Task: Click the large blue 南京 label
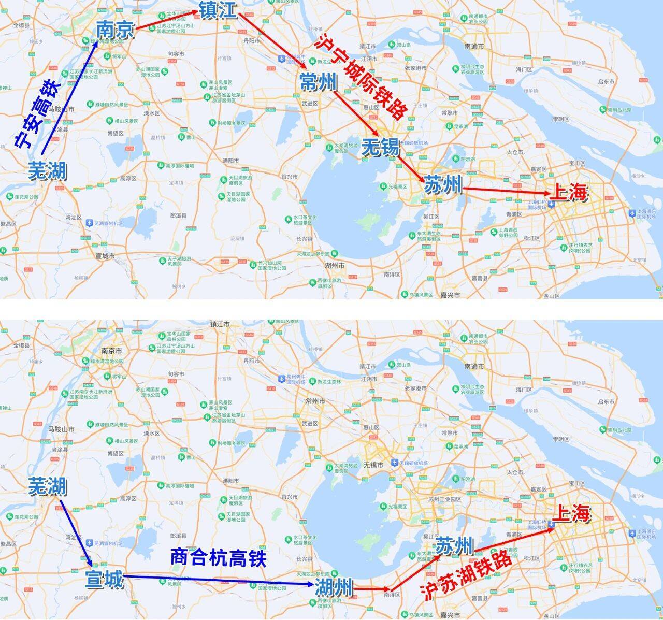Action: click(x=115, y=30)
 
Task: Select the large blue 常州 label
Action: click(x=319, y=82)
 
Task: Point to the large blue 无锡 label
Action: click(x=381, y=148)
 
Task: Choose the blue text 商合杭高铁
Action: click(x=218, y=558)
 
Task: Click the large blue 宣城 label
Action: click(x=105, y=580)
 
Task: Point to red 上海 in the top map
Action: click(x=569, y=193)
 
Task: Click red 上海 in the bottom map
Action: click(x=572, y=513)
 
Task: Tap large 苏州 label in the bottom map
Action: click(x=454, y=546)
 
